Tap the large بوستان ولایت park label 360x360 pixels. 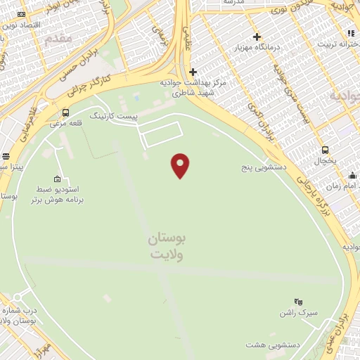point(167,247)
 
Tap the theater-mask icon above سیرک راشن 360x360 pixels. point(298,301)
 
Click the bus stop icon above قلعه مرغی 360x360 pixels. point(65,112)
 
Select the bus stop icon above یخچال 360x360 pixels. point(325,150)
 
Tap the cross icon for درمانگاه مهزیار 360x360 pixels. point(257,37)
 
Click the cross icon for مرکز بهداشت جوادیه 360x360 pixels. point(193,72)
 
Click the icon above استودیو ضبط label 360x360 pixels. point(57,179)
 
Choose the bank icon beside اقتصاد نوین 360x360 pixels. point(21,14)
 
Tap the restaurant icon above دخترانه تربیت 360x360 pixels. point(349,33)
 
